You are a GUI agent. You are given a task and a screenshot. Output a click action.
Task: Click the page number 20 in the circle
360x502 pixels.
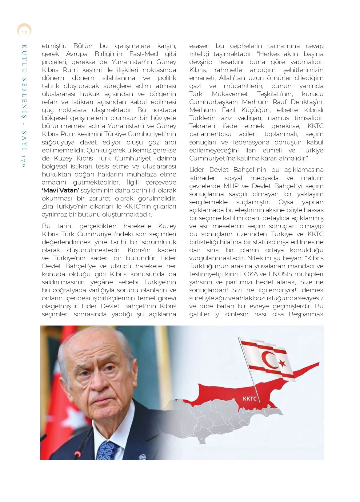click(x=25, y=32)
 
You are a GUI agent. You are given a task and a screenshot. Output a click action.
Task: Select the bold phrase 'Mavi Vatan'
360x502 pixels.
click(x=60, y=190)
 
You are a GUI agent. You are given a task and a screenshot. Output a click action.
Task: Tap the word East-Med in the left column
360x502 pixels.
click(x=144, y=54)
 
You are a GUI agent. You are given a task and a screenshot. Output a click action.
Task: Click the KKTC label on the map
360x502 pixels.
click(x=250, y=399)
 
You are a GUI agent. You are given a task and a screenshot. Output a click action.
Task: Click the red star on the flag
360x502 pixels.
click(x=282, y=363)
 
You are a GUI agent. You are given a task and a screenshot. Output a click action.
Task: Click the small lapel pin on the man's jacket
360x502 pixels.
click(x=142, y=457)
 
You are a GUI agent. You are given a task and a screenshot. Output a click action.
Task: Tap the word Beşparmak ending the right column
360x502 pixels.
click(x=306, y=314)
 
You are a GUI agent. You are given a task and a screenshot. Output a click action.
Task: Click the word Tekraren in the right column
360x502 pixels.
click(x=202, y=126)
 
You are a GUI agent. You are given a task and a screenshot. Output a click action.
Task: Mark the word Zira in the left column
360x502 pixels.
click(x=47, y=206)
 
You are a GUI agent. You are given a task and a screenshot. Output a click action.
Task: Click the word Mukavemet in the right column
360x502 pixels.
click(x=230, y=94)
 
